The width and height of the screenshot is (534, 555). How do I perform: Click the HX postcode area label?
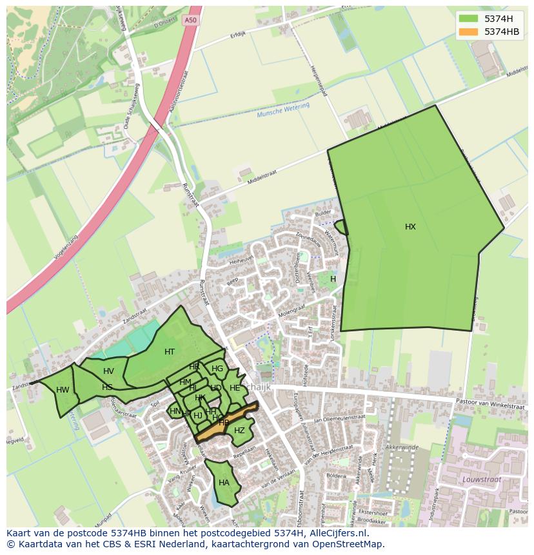tap(410, 227)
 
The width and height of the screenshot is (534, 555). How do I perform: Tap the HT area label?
tap(170, 352)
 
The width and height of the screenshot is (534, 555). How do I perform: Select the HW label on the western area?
tap(63, 390)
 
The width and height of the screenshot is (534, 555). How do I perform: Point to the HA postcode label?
tap(224, 483)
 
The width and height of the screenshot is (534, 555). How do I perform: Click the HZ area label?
tap(239, 431)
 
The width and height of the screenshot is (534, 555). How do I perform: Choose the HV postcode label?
tap(108, 371)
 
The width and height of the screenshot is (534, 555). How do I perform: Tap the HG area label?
tap(217, 369)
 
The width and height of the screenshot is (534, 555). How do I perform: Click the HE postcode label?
tap(235, 388)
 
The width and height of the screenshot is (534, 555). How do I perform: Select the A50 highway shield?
tap(189, 21)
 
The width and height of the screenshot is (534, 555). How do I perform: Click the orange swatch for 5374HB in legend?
tap(470, 31)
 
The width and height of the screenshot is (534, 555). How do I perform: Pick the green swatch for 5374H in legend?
tap(470, 18)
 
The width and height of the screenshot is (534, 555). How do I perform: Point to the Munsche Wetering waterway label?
tap(283, 110)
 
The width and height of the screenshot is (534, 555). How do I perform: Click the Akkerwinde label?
tap(402, 447)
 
